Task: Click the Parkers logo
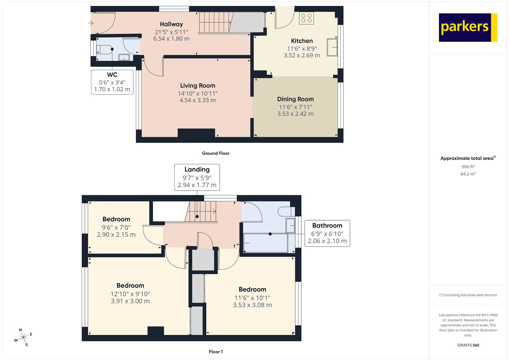click(x=468, y=27)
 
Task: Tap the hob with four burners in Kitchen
click(x=306, y=18)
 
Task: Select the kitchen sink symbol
click(x=332, y=47)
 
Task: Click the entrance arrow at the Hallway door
click(x=91, y=23)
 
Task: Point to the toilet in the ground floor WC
click(x=104, y=50)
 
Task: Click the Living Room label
click(x=198, y=86)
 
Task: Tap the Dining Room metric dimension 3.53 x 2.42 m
click(x=295, y=114)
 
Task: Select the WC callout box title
click(x=112, y=75)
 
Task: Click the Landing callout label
click(x=197, y=170)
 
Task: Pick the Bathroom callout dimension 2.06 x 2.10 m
click(x=327, y=241)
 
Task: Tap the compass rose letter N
click(x=20, y=330)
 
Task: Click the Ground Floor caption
click(x=215, y=153)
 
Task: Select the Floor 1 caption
click(x=216, y=352)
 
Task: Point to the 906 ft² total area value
click(x=468, y=167)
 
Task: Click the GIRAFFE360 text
click(x=468, y=345)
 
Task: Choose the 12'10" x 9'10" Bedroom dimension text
click(x=130, y=294)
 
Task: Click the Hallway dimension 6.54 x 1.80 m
click(x=171, y=39)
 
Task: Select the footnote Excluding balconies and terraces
click(x=468, y=295)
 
